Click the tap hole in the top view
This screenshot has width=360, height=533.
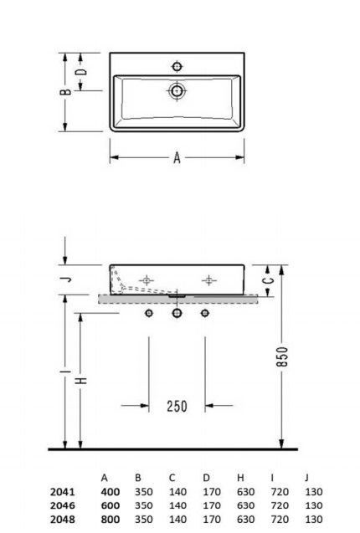click(x=177, y=65)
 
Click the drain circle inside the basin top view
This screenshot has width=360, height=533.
click(x=177, y=90)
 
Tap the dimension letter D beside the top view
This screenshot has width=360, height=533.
click(x=81, y=73)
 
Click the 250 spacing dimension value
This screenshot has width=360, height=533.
click(x=177, y=407)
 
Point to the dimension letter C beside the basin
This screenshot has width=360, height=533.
click(x=266, y=280)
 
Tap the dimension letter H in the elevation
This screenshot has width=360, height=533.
click(x=81, y=381)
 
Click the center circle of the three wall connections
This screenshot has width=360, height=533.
click(x=177, y=314)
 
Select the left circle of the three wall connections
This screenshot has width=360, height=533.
click(x=149, y=314)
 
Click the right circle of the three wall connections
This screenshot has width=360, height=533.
click(x=204, y=314)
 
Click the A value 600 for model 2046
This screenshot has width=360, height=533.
click(x=111, y=505)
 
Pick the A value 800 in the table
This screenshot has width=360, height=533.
click(x=111, y=519)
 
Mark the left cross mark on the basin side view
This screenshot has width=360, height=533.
click(x=147, y=279)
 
